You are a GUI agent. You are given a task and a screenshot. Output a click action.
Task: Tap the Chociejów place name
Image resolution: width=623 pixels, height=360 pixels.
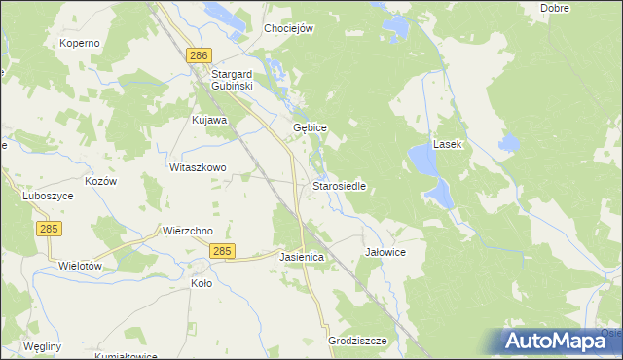click(x=288, y=28)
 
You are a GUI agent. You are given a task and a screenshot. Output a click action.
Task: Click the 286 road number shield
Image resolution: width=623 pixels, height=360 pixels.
click(x=200, y=56)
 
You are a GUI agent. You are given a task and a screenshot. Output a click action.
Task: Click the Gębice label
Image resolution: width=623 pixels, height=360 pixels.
click(x=310, y=128)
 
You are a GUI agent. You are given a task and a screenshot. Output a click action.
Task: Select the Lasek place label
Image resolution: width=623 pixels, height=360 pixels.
click(x=449, y=143)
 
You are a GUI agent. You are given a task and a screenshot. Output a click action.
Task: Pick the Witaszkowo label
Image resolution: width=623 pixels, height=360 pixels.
click(x=198, y=167)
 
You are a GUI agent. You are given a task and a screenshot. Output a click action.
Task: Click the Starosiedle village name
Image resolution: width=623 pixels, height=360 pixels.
click(x=339, y=185)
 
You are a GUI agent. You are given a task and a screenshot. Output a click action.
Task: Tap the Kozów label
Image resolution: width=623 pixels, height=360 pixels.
click(x=101, y=182)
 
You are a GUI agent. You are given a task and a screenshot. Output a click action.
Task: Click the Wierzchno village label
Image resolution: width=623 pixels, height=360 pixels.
click(x=187, y=231)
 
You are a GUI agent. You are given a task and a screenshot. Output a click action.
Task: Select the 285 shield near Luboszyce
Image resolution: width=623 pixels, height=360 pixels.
click(x=49, y=228)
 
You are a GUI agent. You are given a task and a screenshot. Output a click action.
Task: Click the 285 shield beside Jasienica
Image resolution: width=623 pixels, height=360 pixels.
click(x=222, y=251)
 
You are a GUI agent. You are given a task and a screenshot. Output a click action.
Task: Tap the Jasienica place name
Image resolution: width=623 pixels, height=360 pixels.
click(x=300, y=257)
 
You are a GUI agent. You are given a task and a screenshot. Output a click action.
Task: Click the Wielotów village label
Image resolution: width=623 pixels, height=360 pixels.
click(x=81, y=265)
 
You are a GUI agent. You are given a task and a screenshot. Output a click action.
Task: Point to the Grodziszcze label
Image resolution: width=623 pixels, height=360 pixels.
click(x=357, y=341)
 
